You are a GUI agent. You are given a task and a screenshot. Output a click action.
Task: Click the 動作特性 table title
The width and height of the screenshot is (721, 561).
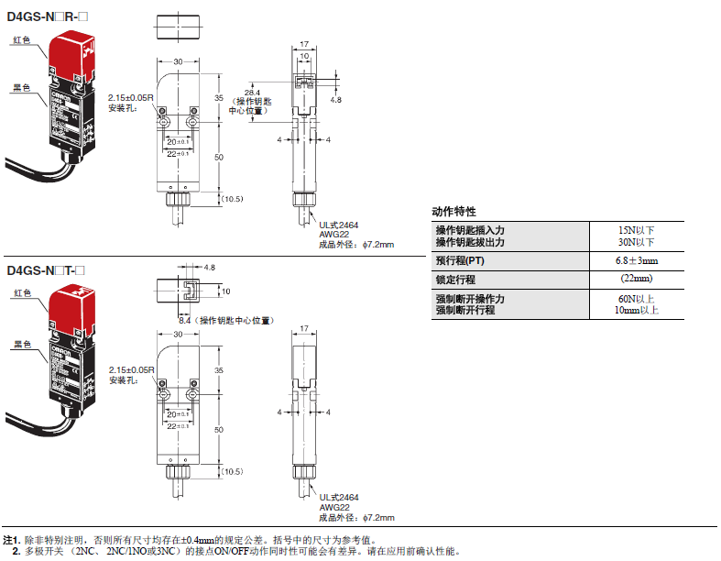454,211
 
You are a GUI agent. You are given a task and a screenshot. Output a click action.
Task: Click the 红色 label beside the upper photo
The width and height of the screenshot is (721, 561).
22,40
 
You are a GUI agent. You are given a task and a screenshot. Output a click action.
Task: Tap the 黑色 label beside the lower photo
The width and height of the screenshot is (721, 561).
22,345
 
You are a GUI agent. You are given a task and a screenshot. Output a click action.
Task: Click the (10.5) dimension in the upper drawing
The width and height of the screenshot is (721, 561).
232,199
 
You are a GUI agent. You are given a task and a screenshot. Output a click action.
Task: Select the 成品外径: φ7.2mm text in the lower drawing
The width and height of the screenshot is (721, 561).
356,518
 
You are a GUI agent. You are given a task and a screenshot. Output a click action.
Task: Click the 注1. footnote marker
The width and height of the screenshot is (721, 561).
11,540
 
